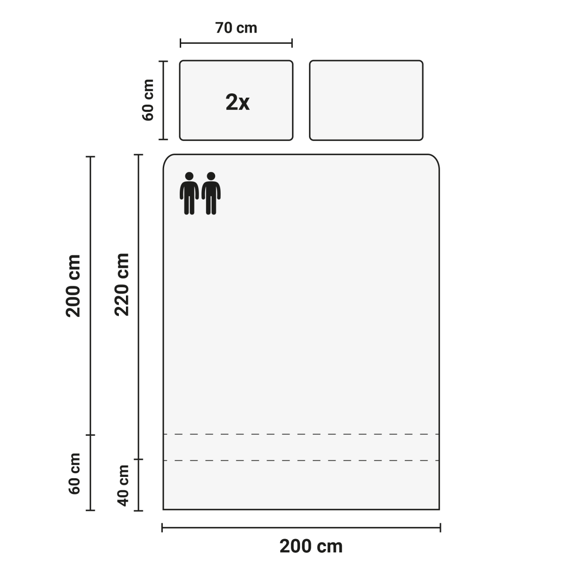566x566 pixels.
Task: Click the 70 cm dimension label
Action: pos(236,28)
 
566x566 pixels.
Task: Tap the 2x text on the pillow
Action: pos(237,102)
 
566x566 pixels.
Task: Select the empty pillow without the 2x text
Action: pos(366,100)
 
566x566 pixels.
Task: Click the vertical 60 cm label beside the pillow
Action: pos(148,100)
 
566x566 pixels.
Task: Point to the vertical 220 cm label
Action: pos(122,284)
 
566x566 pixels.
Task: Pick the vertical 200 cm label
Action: pos(73,286)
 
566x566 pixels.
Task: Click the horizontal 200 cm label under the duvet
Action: pos(311,546)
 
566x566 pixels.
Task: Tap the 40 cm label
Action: pos(124,486)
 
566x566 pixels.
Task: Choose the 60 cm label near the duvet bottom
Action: pos(75,474)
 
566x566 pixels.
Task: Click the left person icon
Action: pos(189,193)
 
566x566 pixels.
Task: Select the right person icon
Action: pos(211,193)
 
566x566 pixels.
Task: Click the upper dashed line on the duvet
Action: pos(301,434)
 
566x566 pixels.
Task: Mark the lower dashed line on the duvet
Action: pos(301,460)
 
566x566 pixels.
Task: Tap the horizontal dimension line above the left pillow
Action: pos(236,43)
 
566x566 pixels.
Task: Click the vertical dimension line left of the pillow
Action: pos(163,100)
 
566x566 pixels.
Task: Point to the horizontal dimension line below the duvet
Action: pos(301,527)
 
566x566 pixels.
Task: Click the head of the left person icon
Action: pos(189,176)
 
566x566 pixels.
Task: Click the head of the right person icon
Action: pos(211,176)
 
